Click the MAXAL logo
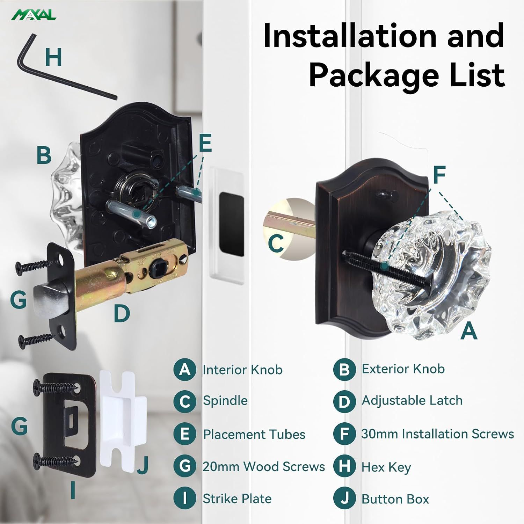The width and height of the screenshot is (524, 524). click(34, 15)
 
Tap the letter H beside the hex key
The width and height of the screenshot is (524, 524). click(53, 57)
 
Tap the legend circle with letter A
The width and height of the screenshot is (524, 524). click(184, 370)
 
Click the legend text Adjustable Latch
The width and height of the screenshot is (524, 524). click(412, 400)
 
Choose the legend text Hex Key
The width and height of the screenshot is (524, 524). click(386, 467)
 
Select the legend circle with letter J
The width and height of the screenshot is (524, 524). click(344, 498)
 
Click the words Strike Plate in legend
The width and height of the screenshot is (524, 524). click(237, 498)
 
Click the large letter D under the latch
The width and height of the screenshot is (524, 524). click(122, 313)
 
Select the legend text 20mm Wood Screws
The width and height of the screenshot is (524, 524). click(264, 466)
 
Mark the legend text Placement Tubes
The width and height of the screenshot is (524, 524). click(254, 434)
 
